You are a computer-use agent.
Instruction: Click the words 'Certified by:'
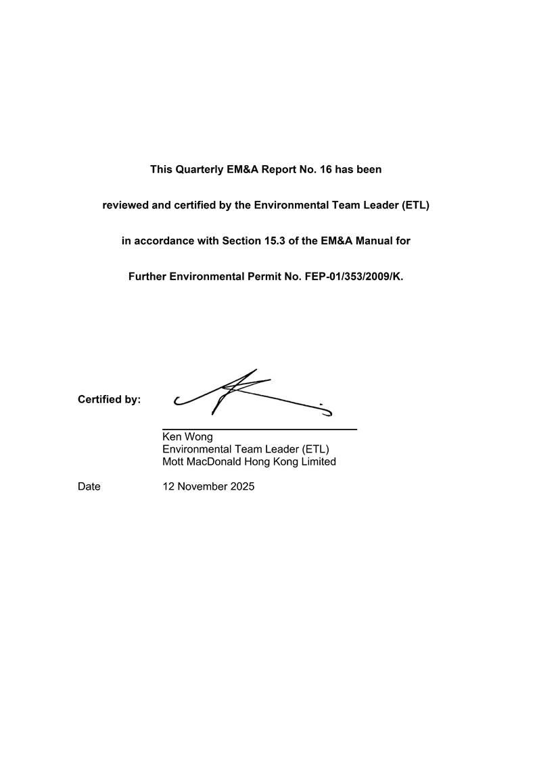pyautogui.click(x=109, y=400)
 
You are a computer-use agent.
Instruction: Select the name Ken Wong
pyautogui.click(x=187, y=437)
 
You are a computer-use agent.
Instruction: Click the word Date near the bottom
pyautogui.click(x=89, y=486)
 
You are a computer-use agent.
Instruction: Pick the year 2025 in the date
pyautogui.click(x=241, y=486)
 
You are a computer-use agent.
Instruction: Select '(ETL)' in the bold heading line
pyautogui.click(x=415, y=205)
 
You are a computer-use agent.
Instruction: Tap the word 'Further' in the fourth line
pyautogui.click(x=148, y=276)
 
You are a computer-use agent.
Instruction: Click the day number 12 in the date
pyautogui.click(x=168, y=486)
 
